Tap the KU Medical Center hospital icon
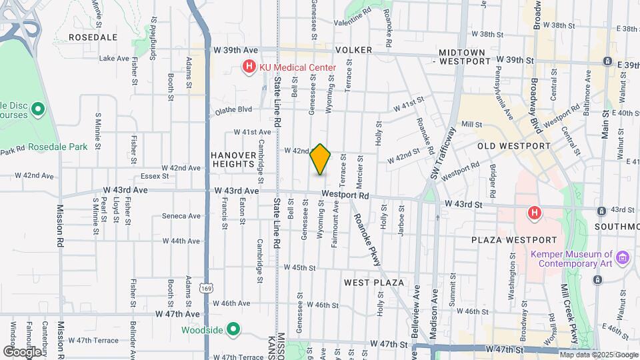click(249, 67)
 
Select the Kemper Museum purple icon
click(623, 257)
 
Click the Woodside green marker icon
click(233, 329)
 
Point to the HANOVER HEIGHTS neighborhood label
click(233, 160)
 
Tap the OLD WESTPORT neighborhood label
click(513, 145)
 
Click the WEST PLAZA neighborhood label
click(374, 283)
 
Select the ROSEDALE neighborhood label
click(93, 37)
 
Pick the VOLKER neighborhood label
click(353, 50)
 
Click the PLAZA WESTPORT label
click(513, 240)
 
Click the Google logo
click(22, 351)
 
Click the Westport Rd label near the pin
click(345, 195)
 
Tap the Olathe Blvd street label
click(233, 109)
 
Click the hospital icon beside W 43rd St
click(533, 213)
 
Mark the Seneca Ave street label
click(181, 216)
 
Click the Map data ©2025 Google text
click(598, 355)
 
